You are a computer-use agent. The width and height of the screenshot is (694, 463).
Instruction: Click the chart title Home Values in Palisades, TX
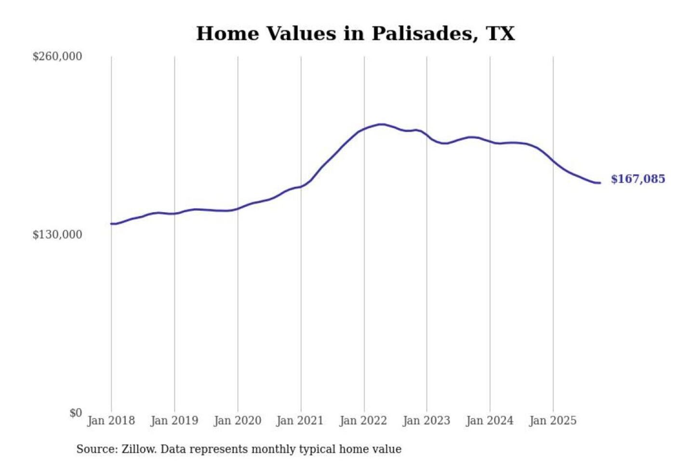pos(355,34)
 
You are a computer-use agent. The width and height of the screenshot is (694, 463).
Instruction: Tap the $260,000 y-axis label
pos(57,56)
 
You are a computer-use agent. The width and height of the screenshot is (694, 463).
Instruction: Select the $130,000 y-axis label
pos(57,234)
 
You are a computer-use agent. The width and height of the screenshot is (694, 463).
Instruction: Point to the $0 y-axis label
pos(76,413)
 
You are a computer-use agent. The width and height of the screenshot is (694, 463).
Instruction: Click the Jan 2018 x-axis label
pos(111,421)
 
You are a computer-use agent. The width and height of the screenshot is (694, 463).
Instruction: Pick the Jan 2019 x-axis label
pos(174,421)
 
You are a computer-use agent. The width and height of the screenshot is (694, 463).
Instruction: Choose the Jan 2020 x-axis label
pos(238,421)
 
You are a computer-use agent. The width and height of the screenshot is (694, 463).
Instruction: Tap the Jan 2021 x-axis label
pos(300,421)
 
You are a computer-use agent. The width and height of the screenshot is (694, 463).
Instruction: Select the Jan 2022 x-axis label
pos(363,421)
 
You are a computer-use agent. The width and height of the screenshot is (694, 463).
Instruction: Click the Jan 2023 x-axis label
pos(427,421)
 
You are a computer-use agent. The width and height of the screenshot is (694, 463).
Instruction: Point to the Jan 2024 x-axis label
pos(490,421)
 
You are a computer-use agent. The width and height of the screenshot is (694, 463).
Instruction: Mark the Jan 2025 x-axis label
pos(553,421)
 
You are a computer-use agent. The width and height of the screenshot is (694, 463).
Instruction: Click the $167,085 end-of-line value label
pos(638,179)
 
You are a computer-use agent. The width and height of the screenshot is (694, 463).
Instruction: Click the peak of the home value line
pos(382,124)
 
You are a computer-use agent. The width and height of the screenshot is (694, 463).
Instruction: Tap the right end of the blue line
pos(600,183)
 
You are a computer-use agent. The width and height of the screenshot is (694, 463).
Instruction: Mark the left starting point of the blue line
pos(111,223)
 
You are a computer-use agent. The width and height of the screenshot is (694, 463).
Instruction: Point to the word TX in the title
pos(500,34)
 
